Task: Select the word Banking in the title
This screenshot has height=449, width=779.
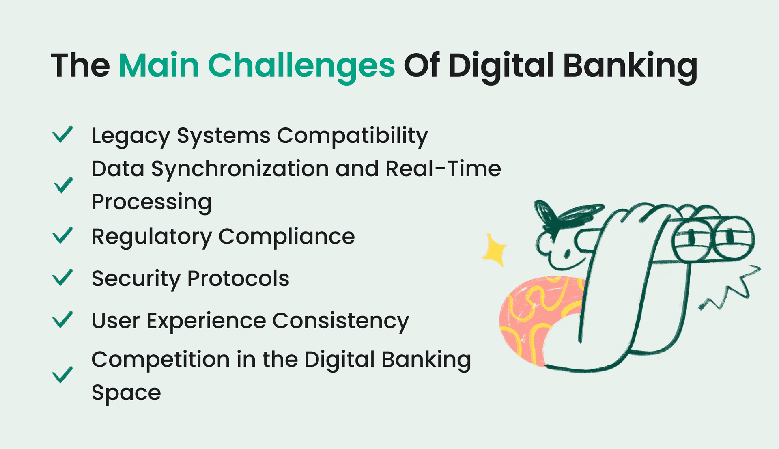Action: tap(630, 67)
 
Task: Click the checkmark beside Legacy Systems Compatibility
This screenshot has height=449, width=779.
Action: tap(62, 134)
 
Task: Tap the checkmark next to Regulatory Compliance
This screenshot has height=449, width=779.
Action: tap(62, 235)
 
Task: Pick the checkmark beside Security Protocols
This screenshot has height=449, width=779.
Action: tap(62, 278)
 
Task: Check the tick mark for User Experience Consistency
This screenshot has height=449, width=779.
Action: tap(62, 319)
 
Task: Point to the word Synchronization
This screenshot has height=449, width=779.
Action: tap(240, 170)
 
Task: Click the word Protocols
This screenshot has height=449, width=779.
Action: tap(238, 278)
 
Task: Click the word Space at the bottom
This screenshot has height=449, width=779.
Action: tap(126, 393)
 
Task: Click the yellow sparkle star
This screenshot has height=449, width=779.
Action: tap(494, 250)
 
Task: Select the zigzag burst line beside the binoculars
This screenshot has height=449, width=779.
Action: tap(730, 288)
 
